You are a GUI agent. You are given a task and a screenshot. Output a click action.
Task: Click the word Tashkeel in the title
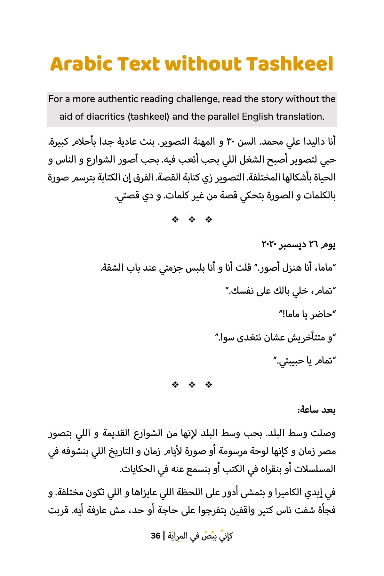(x=290, y=64)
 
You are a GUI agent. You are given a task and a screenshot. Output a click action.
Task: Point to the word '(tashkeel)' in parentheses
(x=148, y=116)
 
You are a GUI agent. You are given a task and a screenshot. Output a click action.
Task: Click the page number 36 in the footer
(x=156, y=536)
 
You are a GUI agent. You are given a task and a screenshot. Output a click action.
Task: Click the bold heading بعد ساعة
(x=316, y=410)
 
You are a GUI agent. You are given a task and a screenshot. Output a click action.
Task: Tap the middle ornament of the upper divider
(x=192, y=220)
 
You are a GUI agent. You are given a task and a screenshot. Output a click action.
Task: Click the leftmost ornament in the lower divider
(x=175, y=385)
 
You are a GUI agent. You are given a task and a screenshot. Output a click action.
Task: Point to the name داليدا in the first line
(x=310, y=141)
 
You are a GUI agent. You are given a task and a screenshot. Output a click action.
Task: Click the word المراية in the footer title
(x=176, y=536)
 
